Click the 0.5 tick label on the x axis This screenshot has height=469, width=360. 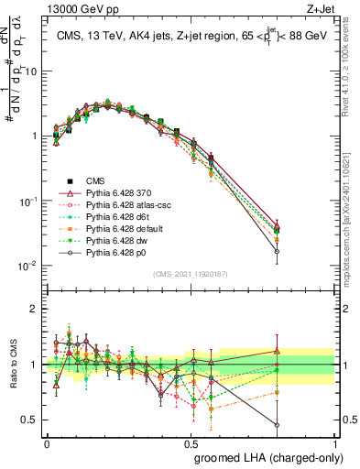pyautogui.click(x=191, y=443)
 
